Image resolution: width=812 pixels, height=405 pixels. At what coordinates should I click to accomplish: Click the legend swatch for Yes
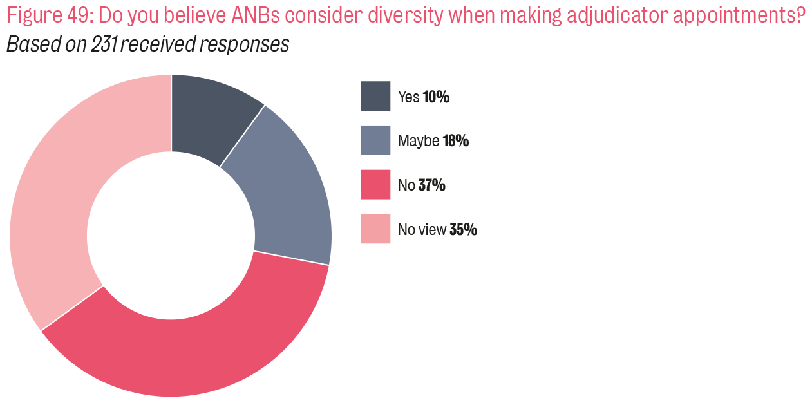pos(375,97)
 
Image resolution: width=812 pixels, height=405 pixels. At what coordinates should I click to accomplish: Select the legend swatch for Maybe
pos(375,140)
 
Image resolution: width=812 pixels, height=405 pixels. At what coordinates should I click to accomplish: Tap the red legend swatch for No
pos(375,185)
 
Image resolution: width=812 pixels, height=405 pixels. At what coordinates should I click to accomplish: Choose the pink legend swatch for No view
pos(375,229)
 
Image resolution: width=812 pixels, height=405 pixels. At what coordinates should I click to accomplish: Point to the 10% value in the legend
pos(436,97)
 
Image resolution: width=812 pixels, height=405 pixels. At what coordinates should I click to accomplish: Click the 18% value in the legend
pos(455,141)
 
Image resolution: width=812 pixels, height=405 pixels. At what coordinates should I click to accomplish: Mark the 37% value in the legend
pos(431,185)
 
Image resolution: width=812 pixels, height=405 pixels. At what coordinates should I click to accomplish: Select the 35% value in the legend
pos(463,230)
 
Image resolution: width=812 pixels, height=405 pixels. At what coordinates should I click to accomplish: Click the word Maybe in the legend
pos(419,141)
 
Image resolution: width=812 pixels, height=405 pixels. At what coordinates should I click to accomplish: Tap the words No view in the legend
pos(422,230)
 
